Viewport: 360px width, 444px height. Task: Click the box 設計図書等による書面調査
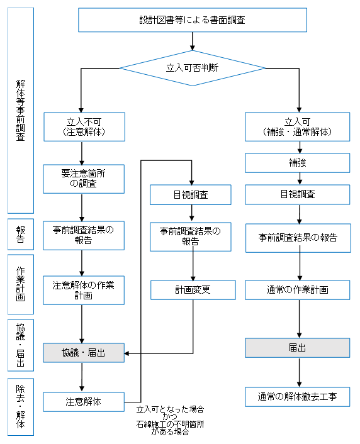[192, 20]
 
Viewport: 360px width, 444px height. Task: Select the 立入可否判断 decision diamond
[192, 69]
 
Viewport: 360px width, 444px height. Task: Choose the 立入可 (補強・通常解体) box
[298, 126]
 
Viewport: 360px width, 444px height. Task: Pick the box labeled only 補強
[298, 163]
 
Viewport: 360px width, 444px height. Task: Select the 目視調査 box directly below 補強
[298, 194]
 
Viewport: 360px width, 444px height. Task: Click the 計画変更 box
[193, 290]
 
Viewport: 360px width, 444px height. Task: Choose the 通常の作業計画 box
[298, 290]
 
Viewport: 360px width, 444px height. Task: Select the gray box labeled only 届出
[298, 347]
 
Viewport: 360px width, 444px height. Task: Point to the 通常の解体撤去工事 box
[298, 397]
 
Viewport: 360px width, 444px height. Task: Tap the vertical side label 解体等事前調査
[20, 110]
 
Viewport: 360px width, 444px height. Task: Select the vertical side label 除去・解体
[20, 407]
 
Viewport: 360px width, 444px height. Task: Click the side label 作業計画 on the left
[20, 284]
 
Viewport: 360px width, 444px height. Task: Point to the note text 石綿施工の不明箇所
[170, 425]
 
